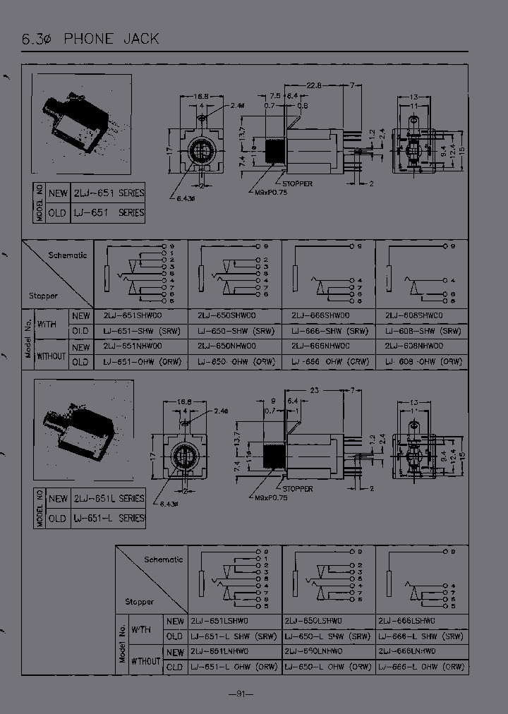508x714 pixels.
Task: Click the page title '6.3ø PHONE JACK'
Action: (90, 39)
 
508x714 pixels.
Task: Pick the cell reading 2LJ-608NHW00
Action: (414, 346)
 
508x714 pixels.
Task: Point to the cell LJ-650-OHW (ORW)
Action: (236, 362)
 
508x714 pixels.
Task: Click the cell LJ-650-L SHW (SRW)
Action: (328, 636)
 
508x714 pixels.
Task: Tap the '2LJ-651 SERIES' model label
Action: (108, 193)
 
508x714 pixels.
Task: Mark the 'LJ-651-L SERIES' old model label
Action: (108, 519)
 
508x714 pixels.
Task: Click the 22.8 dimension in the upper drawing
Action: (313, 85)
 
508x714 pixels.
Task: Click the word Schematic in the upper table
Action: (68, 255)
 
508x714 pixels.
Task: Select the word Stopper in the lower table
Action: (139, 602)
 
